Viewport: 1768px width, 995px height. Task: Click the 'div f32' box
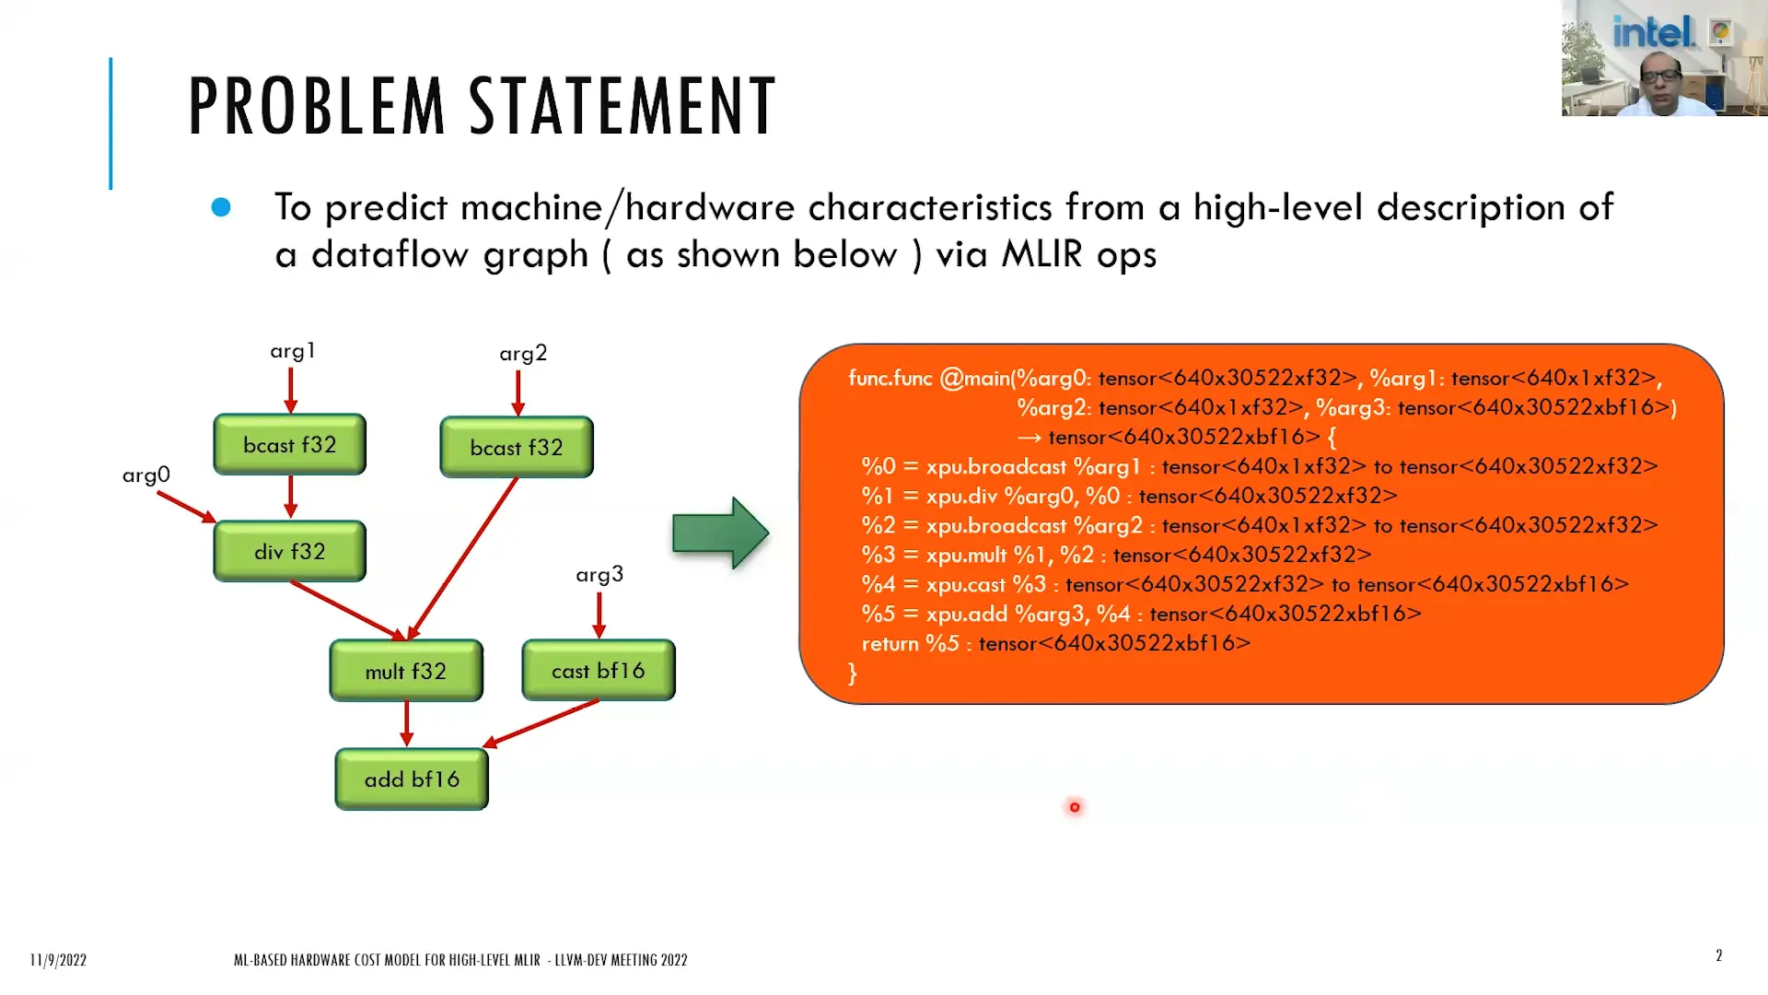pyautogui.click(x=289, y=551)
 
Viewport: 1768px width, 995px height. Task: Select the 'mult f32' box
pyautogui.click(x=405, y=671)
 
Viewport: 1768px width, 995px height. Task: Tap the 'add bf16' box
pyautogui.click(x=411, y=779)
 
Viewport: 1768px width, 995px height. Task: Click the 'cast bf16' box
pyautogui.click(x=598, y=671)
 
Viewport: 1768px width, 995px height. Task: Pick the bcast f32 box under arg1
pyautogui.click(x=289, y=445)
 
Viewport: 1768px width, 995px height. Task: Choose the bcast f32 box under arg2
pyautogui.click(x=516, y=448)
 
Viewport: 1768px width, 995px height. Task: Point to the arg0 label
pyautogui.click(x=146, y=475)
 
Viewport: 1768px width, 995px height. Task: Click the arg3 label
pyautogui.click(x=599, y=575)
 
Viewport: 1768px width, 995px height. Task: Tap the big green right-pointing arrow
pyautogui.click(x=719, y=533)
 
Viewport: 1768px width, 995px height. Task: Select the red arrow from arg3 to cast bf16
pyautogui.click(x=599, y=615)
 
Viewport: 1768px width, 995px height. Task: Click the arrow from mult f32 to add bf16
pyautogui.click(x=406, y=723)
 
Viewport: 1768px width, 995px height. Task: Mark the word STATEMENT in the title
pyautogui.click(x=622, y=107)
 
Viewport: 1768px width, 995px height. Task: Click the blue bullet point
pyautogui.click(x=221, y=207)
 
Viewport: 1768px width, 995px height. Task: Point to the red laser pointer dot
pyautogui.click(x=1075, y=807)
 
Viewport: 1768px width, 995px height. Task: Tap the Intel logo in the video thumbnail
pyautogui.click(x=1653, y=33)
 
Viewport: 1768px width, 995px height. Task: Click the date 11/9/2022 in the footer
pyautogui.click(x=58, y=960)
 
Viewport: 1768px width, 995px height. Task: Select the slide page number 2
pyautogui.click(x=1718, y=955)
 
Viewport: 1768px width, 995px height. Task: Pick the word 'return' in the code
pyautogui.click(x=890, y=644)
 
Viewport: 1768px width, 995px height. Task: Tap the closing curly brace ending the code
pyautogui.click(x=853, y=673)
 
